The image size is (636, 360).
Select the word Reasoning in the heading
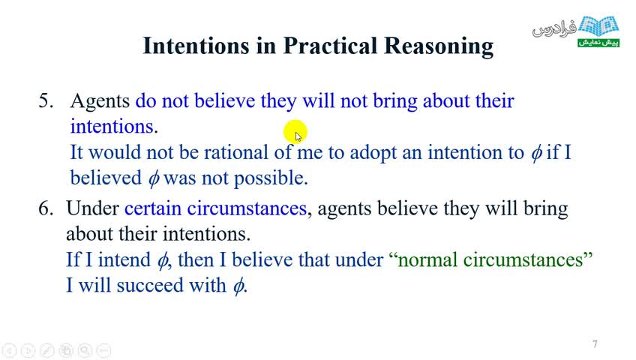[439, 46]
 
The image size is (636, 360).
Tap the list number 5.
[46, 100]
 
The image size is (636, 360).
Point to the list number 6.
[46, 208]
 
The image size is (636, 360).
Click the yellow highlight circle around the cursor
[295, 132]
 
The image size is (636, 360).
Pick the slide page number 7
[595, 344]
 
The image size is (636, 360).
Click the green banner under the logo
[598, 43]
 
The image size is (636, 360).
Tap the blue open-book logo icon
[598, 26]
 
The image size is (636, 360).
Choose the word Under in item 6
[92, 208]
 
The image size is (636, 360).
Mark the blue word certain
[152, 208]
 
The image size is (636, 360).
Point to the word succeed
[150, 286]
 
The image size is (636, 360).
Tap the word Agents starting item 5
[100, 101]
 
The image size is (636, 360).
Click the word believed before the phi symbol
[106, 178]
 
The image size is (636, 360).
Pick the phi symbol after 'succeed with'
[238, 286]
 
